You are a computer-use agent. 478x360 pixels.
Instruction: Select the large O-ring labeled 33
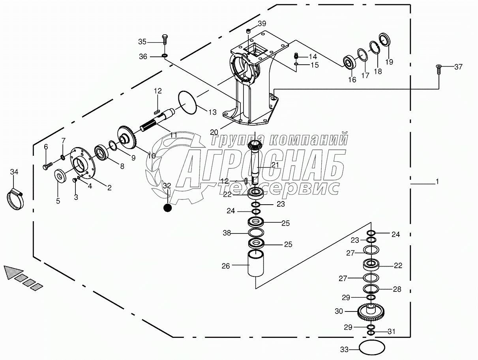pos(372,349)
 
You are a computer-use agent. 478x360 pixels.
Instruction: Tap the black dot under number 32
pos(168,207)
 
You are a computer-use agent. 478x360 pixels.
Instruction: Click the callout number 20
pos(214,132)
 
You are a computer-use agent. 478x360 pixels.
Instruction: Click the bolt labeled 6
pos(47,166)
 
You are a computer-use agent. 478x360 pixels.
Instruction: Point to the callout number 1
pos(437,182)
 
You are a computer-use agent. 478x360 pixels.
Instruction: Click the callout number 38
pos(227,233)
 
